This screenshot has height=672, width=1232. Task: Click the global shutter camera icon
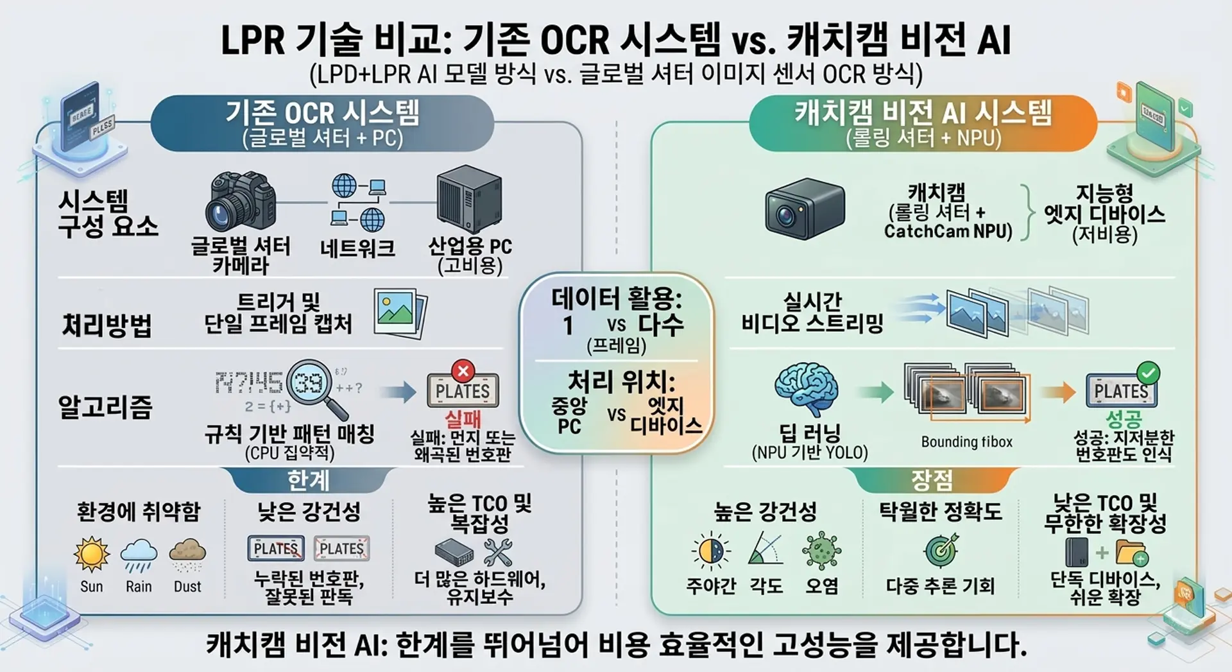coord(241,201)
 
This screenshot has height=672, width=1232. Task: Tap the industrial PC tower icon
coord(468,199)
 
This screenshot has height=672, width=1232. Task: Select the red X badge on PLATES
coord(463,370)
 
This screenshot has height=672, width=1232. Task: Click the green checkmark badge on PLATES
coord(1148,372)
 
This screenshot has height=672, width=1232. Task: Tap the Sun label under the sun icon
coord(91,587)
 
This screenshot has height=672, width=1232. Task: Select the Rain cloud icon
coord(139,555)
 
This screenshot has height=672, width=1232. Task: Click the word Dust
coord(187,587)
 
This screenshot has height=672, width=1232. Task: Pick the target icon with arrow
coord(941,551)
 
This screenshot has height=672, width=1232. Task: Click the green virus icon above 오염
coord(822,551)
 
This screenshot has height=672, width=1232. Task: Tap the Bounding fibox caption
coord(966,442)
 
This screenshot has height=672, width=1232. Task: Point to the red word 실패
coord(463,419)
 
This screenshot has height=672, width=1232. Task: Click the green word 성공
coord(1124,419)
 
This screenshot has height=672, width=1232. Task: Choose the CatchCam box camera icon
coord(805,209)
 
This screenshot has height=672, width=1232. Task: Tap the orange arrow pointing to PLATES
coord(1059,392)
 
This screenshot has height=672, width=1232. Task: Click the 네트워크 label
coord(357,248)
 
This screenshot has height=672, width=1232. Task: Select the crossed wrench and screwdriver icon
coord(498,552)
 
